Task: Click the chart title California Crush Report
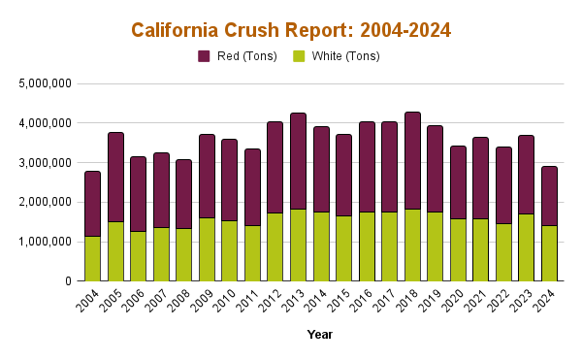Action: [x=291, y=30]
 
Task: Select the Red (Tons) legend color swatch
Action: [x=204, y=56]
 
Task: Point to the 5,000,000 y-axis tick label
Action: [x=45, y=83]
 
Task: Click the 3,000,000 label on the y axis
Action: [x=45, y=163]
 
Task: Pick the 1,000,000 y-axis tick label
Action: [x=45, y=242]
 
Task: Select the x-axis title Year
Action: [x=319, y=335]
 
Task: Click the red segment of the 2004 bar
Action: [x=92, y=203]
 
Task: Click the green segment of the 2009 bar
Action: [x=207, y=249]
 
